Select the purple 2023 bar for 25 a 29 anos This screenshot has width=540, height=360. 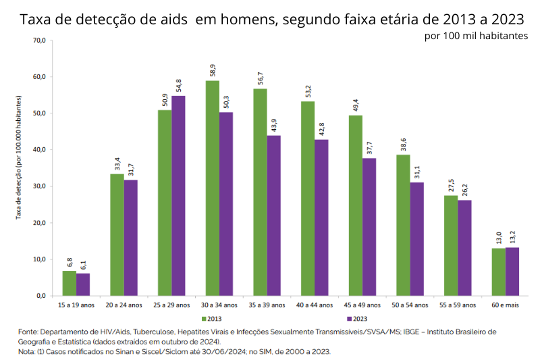(178, 196)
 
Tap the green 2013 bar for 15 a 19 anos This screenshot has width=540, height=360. (69, 283)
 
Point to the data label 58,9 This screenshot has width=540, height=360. (212, 70)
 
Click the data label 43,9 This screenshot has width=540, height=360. (274, 125)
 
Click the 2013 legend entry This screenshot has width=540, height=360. (211, 318)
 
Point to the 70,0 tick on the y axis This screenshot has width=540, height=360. (39, 41)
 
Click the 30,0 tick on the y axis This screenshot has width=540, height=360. (39, 186)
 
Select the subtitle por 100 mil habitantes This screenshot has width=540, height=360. (476, 35)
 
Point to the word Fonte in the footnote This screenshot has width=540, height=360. (28, 332)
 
